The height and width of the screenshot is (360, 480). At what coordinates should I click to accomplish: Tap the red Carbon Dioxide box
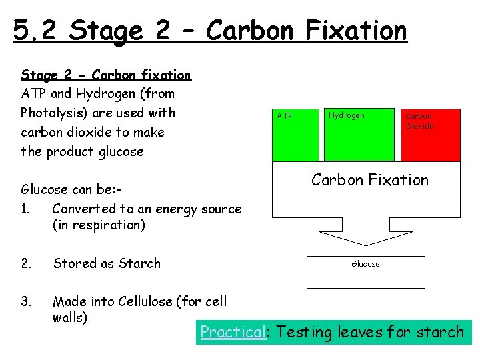[x=430, y=135]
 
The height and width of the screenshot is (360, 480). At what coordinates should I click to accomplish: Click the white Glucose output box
[x=365, y=271]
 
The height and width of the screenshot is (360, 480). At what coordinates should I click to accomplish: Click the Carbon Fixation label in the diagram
[x=370, y=180]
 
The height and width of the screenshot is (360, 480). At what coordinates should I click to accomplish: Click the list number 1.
[x=25, y=209]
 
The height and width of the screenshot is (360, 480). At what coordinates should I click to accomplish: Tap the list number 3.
[x=25, y=301]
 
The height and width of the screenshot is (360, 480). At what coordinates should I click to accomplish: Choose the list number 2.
[x=25, y=263]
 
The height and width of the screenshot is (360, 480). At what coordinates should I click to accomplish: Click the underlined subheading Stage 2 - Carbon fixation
[x=106, y=75]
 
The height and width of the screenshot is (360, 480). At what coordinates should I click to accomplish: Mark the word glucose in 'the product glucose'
[x=120, y=151]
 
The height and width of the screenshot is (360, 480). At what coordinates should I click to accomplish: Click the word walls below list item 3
[x=69, y=317]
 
